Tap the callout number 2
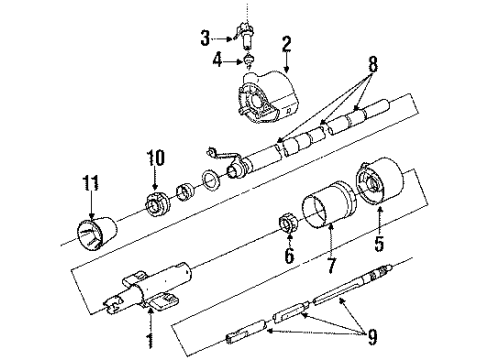tap(286, 43)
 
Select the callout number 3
tap(204, 38)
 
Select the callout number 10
tap(155, 157)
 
